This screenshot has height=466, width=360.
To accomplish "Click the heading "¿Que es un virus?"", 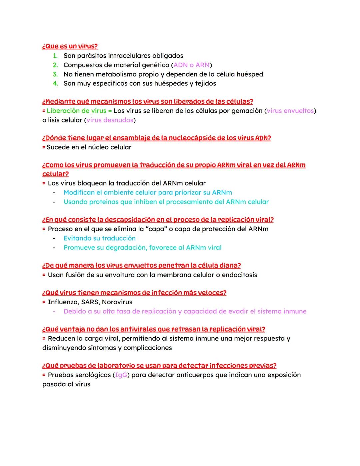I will click(x=70, y=46).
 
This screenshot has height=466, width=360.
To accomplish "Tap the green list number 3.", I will click(x=55, y=74).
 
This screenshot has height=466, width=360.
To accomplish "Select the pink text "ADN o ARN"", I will click(x=191, y=65).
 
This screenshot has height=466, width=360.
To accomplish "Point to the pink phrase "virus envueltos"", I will click(x=290, y=111).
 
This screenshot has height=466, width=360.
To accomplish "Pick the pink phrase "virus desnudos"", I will click(x=110, y=120).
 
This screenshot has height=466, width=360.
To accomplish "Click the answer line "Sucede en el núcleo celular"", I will click(x=89, y=147).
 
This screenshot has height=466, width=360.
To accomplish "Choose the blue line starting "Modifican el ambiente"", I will click(x=148, y=192).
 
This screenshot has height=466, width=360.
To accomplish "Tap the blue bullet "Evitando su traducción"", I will click(x=99, y=238).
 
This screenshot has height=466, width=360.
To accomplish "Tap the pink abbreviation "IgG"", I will click(x=121, y=375).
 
